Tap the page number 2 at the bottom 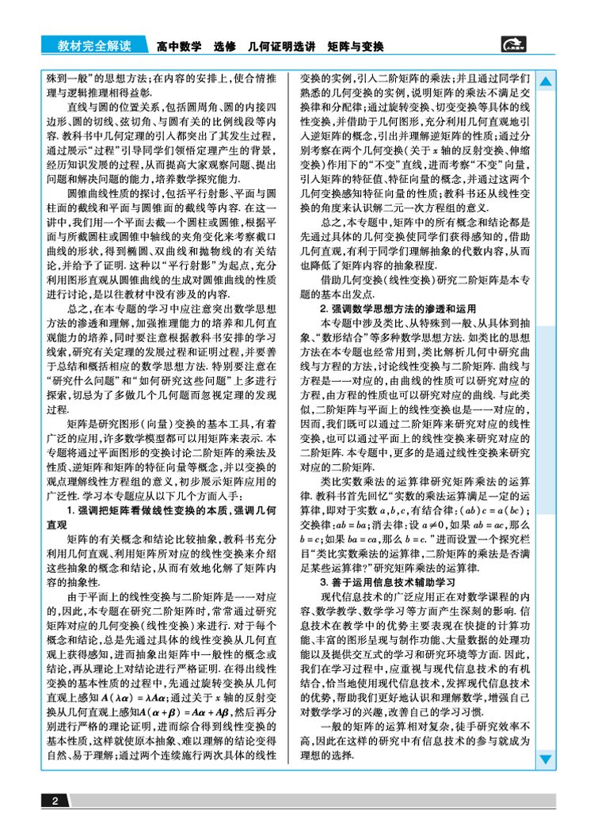[55, 801]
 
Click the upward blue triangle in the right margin [546, 82]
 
